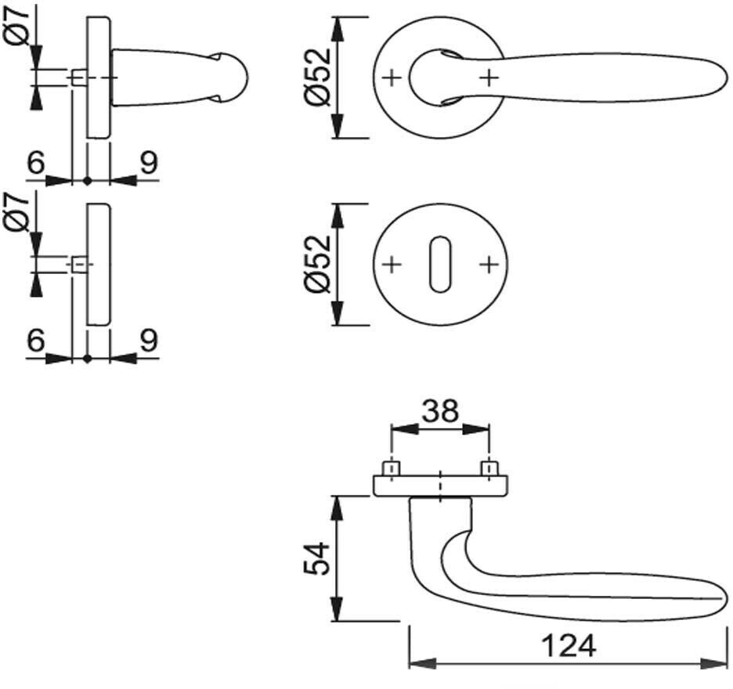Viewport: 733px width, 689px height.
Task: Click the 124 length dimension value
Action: click(x=567, y=646)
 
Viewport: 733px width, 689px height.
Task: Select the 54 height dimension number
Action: click(x=316, y=557)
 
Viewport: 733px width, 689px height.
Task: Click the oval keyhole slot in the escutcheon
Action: click(x=439, y=265)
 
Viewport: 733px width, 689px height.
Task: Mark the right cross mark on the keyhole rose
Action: click(x=488, y=265)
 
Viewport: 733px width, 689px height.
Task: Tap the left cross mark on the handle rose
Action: click(x=392, y=78)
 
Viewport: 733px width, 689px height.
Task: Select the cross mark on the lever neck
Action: click(x=488, y=78)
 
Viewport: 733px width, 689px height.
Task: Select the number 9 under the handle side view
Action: click(x=149, y=163)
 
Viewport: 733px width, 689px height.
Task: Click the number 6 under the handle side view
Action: click(x=35, y=163)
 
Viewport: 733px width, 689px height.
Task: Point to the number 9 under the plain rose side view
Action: click(x=149, y=341)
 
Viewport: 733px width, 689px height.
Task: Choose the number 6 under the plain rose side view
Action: click(x=35, y=341)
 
